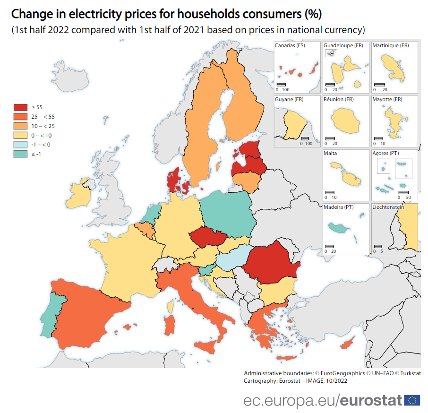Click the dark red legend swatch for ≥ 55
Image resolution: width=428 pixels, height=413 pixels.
tap(20, 107)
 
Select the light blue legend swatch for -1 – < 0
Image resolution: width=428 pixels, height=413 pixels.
tap(20, 145)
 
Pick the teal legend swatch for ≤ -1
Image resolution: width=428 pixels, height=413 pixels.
tap(20, 154)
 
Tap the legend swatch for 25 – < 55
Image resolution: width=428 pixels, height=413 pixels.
tap(20, 117)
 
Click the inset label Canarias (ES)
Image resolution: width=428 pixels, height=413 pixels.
tap(291, 46)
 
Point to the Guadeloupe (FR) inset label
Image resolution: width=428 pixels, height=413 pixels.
tap(343, 46)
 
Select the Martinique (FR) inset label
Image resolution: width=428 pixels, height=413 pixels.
tap(390, 46)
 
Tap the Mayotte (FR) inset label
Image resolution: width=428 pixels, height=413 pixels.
tap(387, 100)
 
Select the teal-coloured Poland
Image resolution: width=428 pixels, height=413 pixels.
tap(227, 213)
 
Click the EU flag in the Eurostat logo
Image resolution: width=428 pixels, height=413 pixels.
tap(412, 400)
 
